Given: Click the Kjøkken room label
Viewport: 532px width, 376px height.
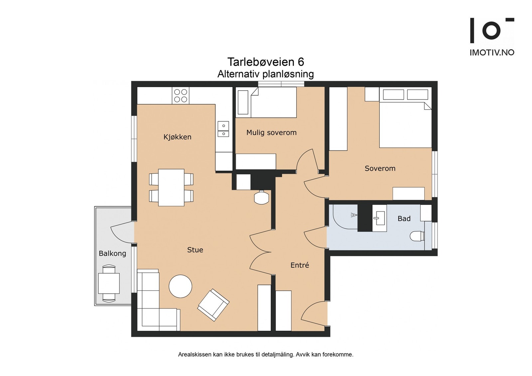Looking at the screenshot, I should click(177, 137).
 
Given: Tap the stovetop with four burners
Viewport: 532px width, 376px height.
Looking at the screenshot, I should click(181, 96).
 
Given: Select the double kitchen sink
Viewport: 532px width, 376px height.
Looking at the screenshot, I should click(223, 129).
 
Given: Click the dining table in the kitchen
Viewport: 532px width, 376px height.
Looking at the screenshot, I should click(171, 187).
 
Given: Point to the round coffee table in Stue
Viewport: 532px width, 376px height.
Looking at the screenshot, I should click(180, 286).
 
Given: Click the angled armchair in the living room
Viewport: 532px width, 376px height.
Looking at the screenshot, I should click(213, 305).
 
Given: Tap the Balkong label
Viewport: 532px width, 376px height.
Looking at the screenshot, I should click(112, 253).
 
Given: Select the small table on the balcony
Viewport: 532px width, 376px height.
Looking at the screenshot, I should click(109, 283).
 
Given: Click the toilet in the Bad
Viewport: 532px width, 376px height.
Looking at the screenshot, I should click(417, 236).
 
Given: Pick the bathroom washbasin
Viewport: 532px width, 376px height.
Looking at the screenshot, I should click(379, 218).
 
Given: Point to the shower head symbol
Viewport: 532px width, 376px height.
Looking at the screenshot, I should click(353, 215).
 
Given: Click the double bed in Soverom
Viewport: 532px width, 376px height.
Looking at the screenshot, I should click(405, 125).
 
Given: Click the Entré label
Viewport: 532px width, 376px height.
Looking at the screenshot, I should click(300, 265).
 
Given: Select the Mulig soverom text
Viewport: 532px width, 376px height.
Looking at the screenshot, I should click(271, 133).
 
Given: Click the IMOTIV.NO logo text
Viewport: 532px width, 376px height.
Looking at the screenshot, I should click(492, 52).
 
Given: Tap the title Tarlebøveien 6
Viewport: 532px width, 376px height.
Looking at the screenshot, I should click(266, 62).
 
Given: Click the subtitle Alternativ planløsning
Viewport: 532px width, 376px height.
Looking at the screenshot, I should click(265, 74).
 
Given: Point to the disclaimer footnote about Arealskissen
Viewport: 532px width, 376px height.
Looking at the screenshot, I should click(266, 354).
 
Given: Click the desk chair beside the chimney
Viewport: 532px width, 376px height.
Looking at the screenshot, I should click(261, 198).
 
